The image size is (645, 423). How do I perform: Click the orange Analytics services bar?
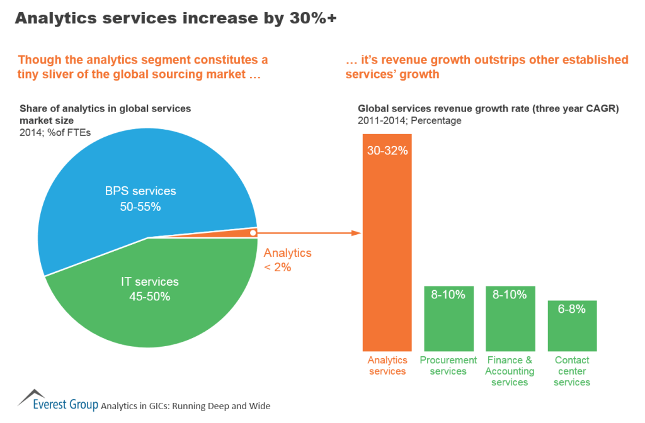click(387, 252)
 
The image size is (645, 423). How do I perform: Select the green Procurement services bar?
click(448, 324)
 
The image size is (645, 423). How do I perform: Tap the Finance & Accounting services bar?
click(510, 324)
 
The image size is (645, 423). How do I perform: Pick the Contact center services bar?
click(572, 330)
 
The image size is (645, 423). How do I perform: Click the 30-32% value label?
click(387, 151)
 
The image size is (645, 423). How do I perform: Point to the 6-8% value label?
click(572, 309)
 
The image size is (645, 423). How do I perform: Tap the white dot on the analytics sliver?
click(252, 233)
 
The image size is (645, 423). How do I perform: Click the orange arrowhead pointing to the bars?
click(356, 233)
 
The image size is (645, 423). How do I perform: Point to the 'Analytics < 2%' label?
click(287, 259)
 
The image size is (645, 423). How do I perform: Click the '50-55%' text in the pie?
click(140, 206)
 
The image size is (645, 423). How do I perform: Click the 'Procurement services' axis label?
click(448, 366)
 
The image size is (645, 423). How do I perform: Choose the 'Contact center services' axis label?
click(572, 371)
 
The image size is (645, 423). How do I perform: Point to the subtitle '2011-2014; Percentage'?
click(409, 120)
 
